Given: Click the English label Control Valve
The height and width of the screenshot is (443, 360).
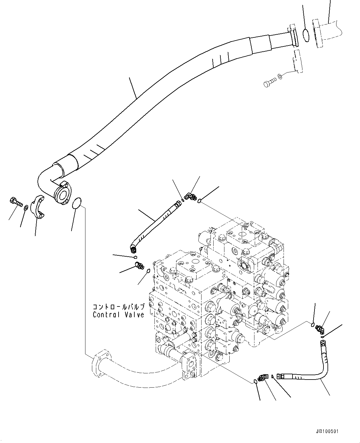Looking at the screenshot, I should [x=119, y=315].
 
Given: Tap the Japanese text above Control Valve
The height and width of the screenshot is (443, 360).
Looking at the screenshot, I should [x=119, y=307].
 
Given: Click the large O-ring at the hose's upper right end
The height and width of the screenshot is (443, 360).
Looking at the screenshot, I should [x=306, y=35].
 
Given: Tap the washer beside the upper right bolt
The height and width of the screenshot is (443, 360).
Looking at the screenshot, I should [x=280, y=76].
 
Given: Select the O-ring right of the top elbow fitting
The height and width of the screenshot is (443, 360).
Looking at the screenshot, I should [x=200, y=201].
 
